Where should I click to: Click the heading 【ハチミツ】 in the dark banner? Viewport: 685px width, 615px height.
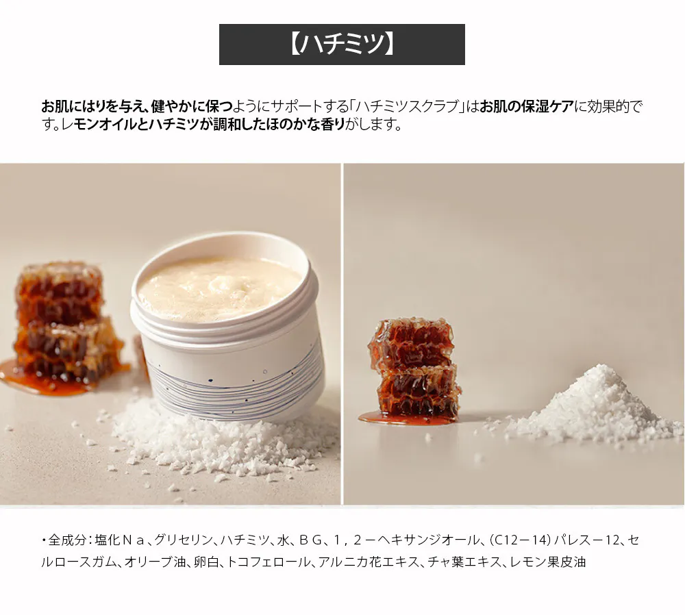pyautogui.click(x=342, y=45)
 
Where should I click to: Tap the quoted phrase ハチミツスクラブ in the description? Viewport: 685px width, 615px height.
pyautogui.click(x=406, y=106)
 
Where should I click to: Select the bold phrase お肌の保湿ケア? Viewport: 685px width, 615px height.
pyautogui.click(x=526, y=106)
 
